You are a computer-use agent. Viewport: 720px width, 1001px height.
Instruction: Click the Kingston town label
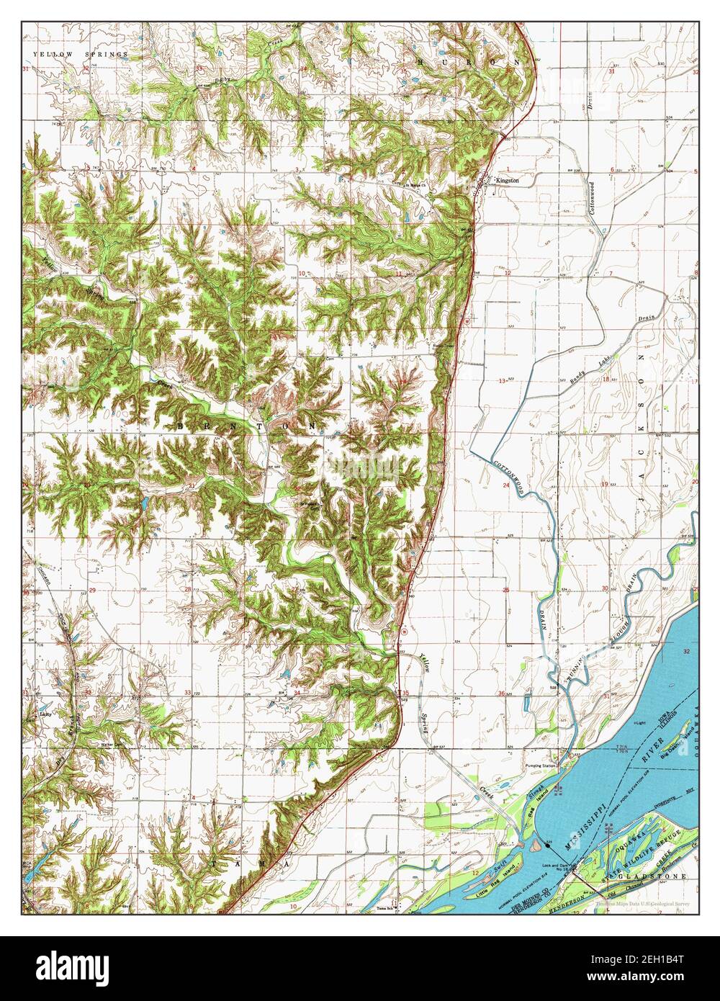[507, 181]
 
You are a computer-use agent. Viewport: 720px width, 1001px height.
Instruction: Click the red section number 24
[506, 486]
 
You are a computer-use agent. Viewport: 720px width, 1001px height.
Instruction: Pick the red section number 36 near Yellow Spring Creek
[501, 693]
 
